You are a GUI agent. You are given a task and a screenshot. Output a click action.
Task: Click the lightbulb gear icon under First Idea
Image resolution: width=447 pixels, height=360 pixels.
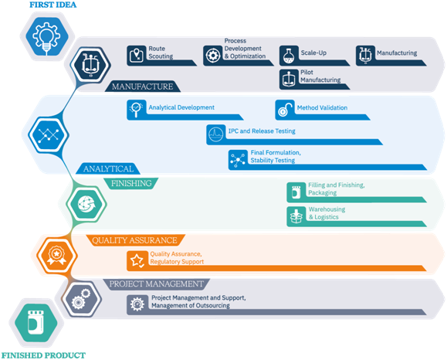(47, 36)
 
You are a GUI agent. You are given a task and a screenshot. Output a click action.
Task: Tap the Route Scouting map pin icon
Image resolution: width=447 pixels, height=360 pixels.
(137, 56)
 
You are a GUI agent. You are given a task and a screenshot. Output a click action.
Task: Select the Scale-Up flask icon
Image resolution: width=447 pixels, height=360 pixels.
(289, 56)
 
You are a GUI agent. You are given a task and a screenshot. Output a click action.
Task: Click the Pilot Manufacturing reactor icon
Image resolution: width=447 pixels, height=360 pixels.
(289, 79)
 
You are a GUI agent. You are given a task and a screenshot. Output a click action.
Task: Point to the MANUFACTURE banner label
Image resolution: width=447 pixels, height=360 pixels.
(142, 87)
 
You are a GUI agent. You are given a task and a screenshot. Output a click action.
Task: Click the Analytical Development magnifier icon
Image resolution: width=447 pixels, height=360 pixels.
(137, 110)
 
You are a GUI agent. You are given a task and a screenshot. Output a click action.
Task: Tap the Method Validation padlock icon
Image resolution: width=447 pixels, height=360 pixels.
(285, 110)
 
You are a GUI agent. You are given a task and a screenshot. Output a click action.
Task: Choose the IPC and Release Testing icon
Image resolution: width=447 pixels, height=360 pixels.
(216, 134)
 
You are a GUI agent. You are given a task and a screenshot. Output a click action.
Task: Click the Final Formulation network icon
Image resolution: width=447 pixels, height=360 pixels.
(238, 159)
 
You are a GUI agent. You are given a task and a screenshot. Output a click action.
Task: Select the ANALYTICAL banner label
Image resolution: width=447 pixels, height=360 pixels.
(108, 168)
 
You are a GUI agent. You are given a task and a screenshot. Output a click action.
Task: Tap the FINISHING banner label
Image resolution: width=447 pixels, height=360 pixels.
(131, 183)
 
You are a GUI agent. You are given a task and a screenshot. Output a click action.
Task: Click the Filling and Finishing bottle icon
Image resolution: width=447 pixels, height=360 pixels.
(296, 192)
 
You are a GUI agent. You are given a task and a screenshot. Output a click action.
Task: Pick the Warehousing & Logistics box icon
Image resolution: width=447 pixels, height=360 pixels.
(296, 216)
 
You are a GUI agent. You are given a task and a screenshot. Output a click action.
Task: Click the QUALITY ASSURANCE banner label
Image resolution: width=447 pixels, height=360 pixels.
(134, 240)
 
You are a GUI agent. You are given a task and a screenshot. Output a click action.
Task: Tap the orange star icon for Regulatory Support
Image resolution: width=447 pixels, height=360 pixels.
(137, 260)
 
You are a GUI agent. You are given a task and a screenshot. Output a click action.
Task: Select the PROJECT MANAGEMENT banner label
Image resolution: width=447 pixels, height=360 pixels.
(156, 284)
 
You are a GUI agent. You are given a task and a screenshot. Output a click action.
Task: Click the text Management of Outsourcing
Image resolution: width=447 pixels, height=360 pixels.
(191, 305)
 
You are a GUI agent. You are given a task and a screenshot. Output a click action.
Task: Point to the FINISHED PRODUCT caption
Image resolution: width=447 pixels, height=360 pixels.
(43, 355)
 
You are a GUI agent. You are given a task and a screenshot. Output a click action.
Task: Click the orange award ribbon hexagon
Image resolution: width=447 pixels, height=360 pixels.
(56, 255)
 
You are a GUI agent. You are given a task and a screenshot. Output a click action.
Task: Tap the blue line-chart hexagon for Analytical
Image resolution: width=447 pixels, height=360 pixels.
(49, 134)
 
